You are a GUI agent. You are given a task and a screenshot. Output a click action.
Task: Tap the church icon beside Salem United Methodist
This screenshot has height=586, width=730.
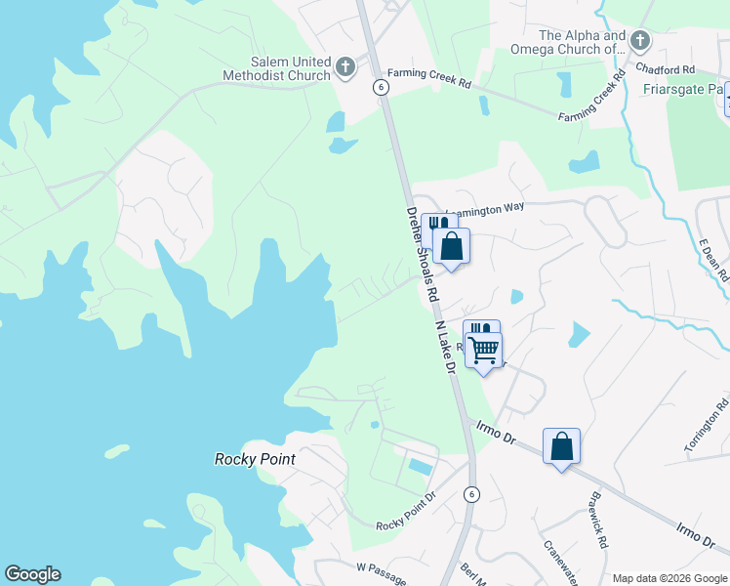pyautogui.click(x=345, y=67)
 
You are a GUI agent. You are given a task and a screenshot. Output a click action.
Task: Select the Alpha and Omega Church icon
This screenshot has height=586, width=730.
pyautogui.click(x=640, y=40)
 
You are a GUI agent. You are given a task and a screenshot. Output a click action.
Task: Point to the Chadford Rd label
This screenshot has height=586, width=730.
pyautogui.click(x=664, y=69)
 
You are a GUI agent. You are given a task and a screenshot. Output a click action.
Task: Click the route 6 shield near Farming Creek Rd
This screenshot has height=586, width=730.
pyautogui.click(x=382, y=87)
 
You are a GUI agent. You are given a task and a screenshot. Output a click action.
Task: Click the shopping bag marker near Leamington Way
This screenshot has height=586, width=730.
pyautogui.click(x=451, y=246)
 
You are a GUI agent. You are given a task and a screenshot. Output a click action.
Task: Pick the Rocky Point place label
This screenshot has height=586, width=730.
pyautogui.click(x=255, y=459)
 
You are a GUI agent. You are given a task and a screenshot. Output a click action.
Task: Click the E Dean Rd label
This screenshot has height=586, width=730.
pyautogui.click(x=715, y=260)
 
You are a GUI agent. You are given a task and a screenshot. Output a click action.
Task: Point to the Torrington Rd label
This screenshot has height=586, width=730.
pyautogui.click(x=707, y=425)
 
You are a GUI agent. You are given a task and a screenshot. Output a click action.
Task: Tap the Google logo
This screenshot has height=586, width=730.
pyautogui.click(x=32, y=574)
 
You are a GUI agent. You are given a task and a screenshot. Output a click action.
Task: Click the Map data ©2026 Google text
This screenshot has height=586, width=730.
pyautogui.click(x=669, y=578)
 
